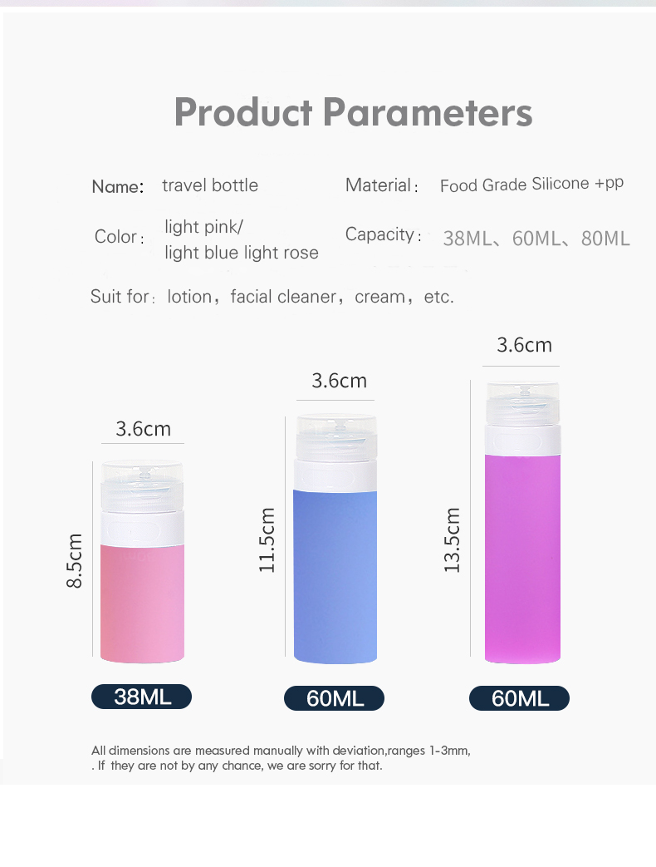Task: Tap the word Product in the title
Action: tap(243, 112)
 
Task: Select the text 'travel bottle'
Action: tap(210, 185)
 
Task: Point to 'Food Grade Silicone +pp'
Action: tap(531, 185)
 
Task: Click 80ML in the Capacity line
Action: tap(605, 239)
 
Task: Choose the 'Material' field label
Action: tap(379, 185)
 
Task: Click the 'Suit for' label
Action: tap(120, 297)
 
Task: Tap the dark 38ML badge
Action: tap(141, 697)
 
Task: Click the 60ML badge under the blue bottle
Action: tap(334, 698)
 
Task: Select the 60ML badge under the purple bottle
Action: tap(519, 698)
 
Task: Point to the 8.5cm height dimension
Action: tap(75, 561)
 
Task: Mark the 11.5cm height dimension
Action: tap(267, 540)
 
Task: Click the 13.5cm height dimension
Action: tap(452, 540)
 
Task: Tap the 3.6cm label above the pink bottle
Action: tap(143, 429)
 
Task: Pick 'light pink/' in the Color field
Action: tap(203, 227)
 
